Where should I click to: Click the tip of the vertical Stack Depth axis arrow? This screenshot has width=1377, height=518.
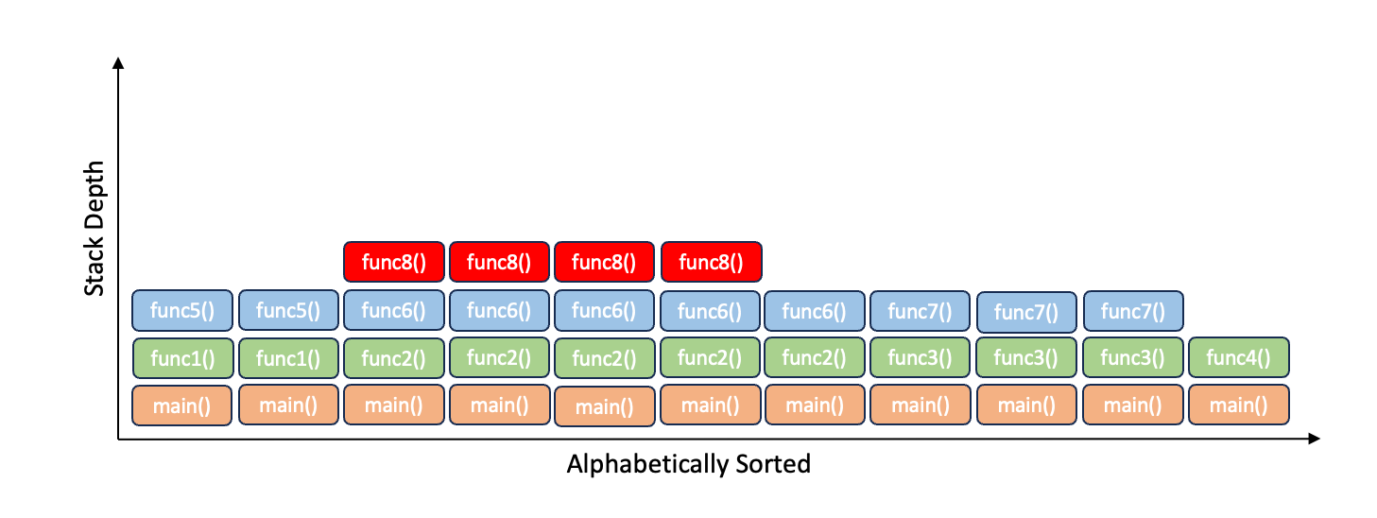[x=118, y=58]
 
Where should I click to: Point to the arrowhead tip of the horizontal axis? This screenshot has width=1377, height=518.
[x=1320, y=439]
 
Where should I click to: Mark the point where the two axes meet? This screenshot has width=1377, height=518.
[x=118, y=439]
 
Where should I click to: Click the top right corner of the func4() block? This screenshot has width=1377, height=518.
[x=1289, y=337]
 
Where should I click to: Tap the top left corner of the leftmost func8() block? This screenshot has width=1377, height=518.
[x=344, y=242]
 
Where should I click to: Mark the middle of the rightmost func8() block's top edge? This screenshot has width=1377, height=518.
[x=712, y=242]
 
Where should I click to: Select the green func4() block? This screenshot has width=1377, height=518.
[x=1239, y=357]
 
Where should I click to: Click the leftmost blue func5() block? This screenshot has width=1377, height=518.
[x=182, y=310]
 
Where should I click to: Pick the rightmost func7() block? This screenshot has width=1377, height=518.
[x=1133, y=311]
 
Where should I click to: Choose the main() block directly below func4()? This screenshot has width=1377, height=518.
[x=1239, y=405]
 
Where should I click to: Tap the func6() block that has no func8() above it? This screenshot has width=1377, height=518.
[x=815, y=311]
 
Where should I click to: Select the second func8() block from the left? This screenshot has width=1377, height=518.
[x=499, y=262]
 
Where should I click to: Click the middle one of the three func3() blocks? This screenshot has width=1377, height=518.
[x=1026, y=357]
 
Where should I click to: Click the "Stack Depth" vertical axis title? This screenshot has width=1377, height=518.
[x=95, y=228]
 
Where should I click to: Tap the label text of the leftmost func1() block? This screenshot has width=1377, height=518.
[x=182, y=358]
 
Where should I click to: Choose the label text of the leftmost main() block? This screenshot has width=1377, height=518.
[x=182, y=406]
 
